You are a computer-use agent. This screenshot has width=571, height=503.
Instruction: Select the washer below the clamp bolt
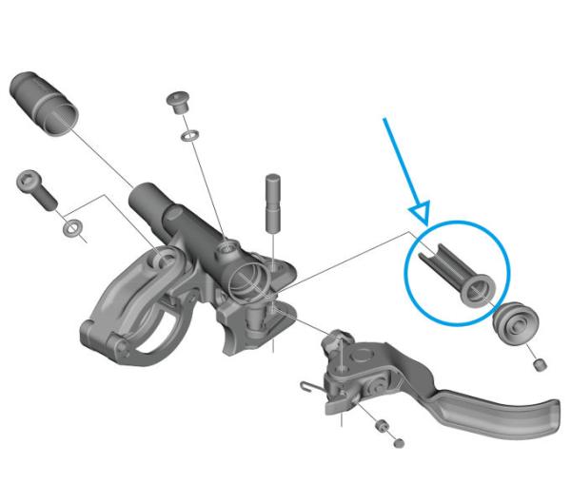pyautogui.click(x=72, y=229)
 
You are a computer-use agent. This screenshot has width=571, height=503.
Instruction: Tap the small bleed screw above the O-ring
pyautogui.click(x=176, y=102)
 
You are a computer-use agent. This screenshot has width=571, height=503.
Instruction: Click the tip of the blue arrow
pyautogui.click(x=422, y=218)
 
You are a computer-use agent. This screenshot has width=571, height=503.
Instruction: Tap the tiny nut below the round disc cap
pyautogui.click(x=538, y=363)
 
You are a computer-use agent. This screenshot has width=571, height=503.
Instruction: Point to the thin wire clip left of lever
pyautogui.click(x=306, y=384)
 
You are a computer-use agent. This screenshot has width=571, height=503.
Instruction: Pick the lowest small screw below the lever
pyautogui.click(x=397, y=439)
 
